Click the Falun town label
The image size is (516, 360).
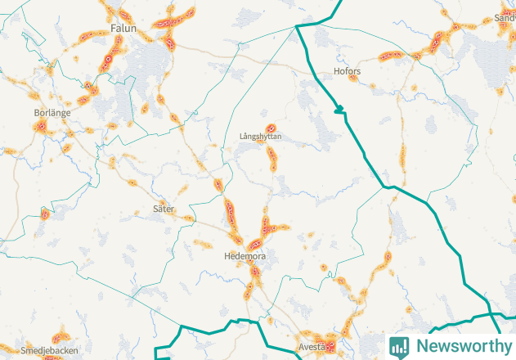[121, 29]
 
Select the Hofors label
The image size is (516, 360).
[348, 72]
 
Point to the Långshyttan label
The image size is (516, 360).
[261, 136]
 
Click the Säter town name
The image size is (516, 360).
[164, 209]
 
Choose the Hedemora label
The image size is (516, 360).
[245, 256]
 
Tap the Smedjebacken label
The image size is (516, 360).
[43, 349]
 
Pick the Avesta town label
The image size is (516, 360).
[311, 345]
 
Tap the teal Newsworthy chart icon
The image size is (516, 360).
[399, 346]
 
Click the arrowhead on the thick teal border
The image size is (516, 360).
[339, 109]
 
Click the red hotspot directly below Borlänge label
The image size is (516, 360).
[39, 127]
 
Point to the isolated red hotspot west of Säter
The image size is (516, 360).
[45, 215]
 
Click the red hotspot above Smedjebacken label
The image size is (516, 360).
[58, 336]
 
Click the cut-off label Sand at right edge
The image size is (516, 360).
[505, 17]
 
